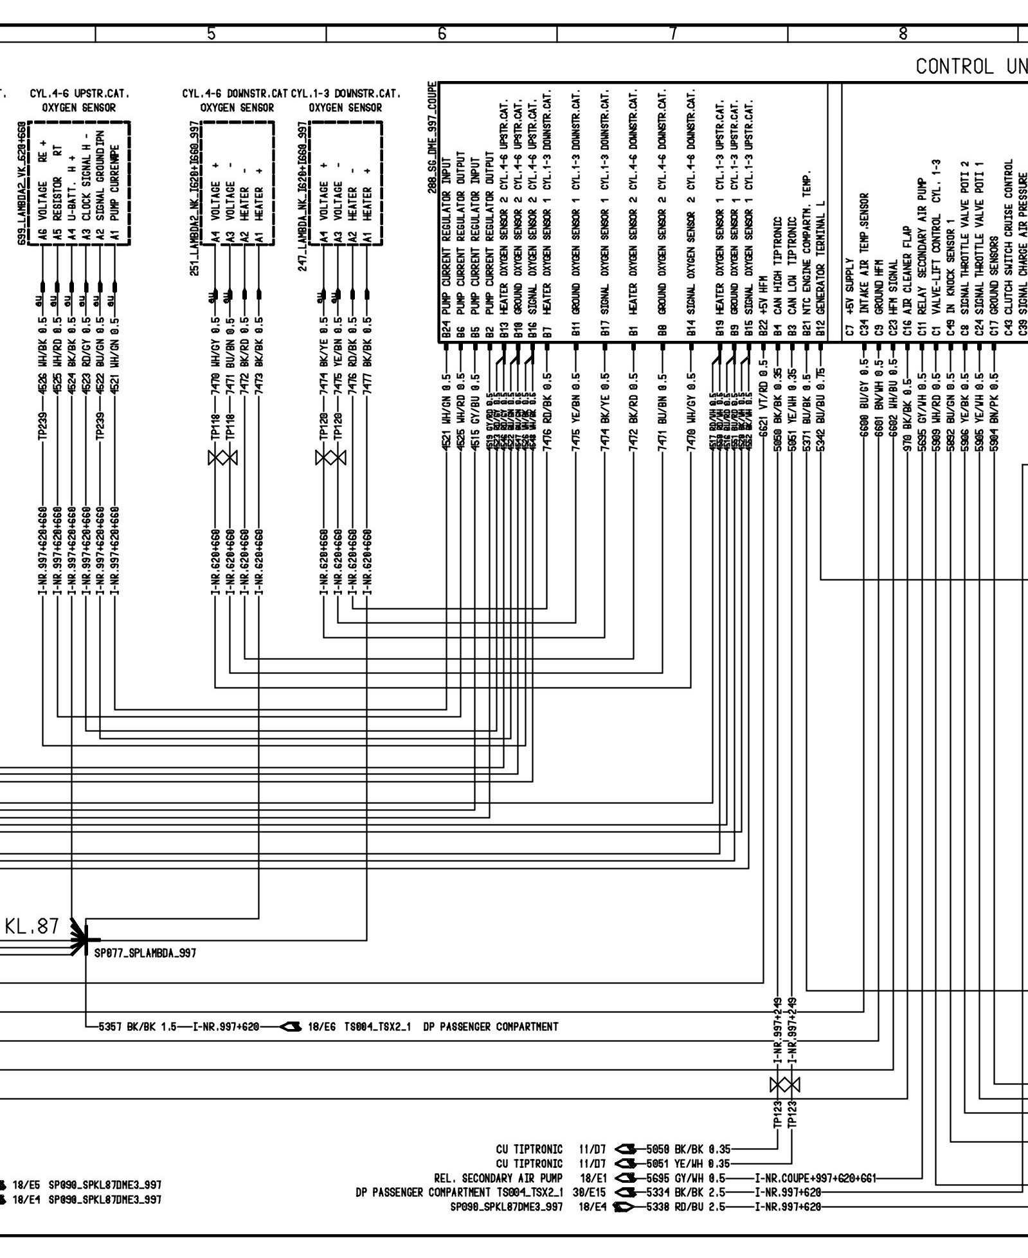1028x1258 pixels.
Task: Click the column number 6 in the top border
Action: (x=442, y=34)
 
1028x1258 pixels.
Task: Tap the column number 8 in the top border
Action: (x=903, y=34)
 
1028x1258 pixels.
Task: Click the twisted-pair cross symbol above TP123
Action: (x=784, y=1085)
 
